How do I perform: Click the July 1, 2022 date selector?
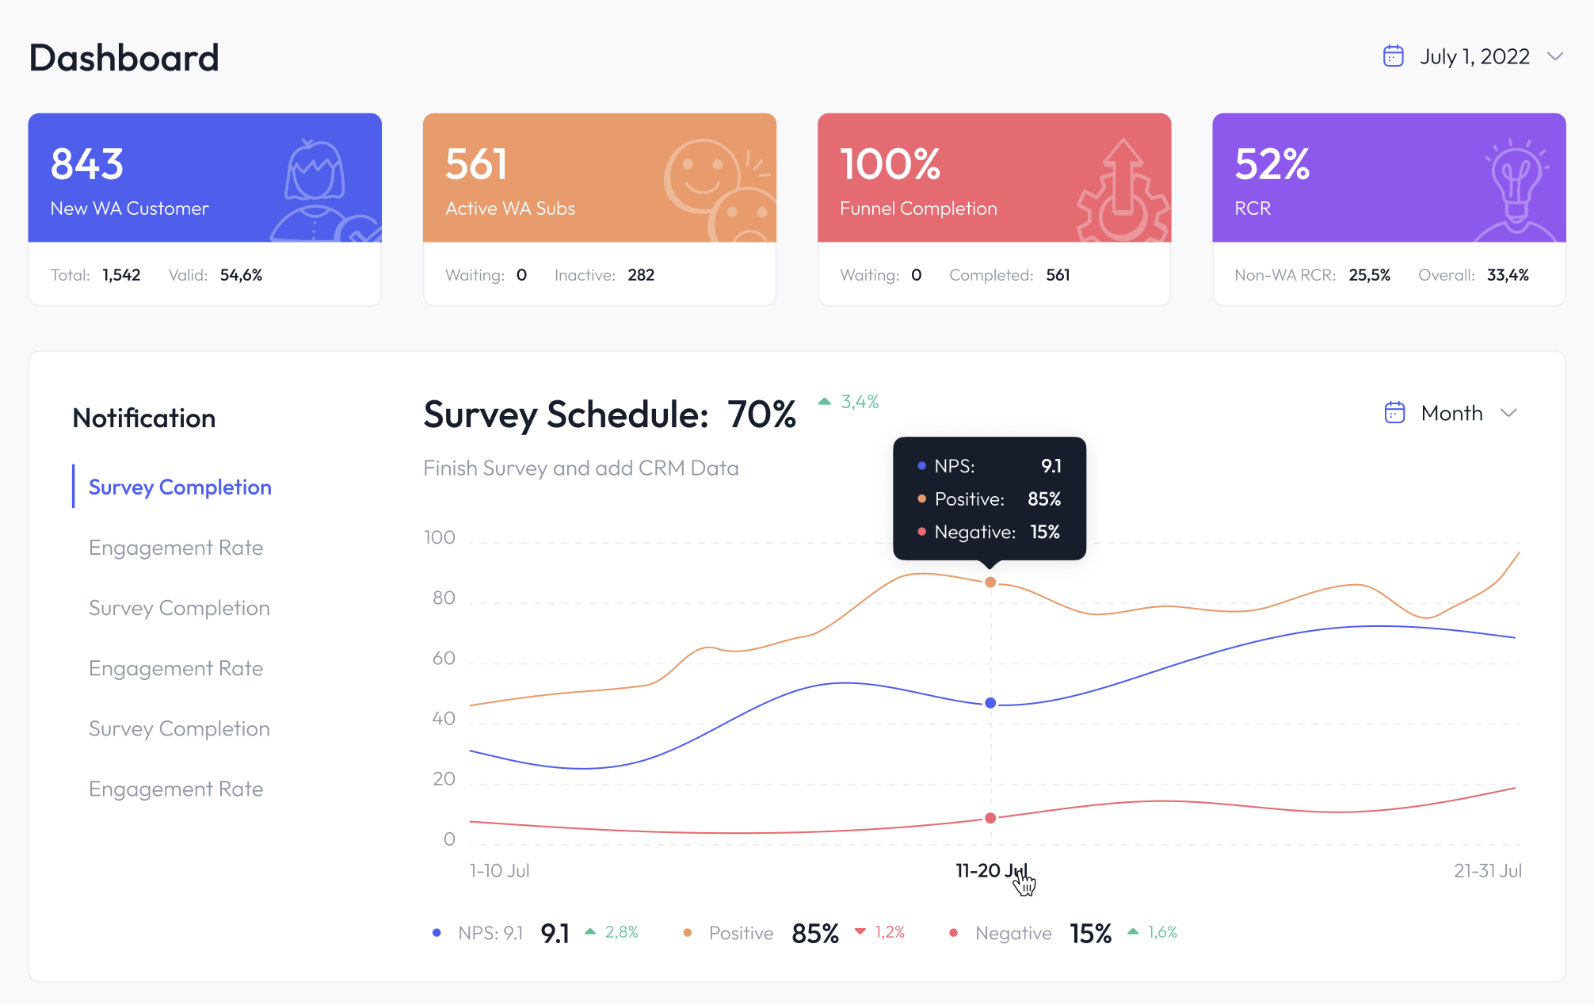tap(1473, 57)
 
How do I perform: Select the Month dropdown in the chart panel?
tap(1451, 413)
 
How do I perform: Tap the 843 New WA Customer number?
tap(87, 164)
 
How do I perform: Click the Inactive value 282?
tap(641, 275)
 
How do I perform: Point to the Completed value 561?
tap(1058, 275)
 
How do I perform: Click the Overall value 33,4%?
tap(1508, 275)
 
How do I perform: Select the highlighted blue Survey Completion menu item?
tap(180, 487)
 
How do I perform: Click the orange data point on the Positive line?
tap(990, 583)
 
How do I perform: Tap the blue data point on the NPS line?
tap(990, 703)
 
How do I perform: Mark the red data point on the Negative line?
tap(990, 818)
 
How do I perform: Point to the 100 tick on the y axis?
tap(440, 537)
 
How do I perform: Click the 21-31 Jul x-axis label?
tap(1487, 871)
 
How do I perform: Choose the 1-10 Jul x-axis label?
tap(499, 871)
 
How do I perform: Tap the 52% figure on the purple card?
tap(1272, 164)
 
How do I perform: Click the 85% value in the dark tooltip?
tap(1043, 499)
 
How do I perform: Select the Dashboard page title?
tap(124, 58)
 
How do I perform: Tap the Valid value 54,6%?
tap(241, 275)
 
